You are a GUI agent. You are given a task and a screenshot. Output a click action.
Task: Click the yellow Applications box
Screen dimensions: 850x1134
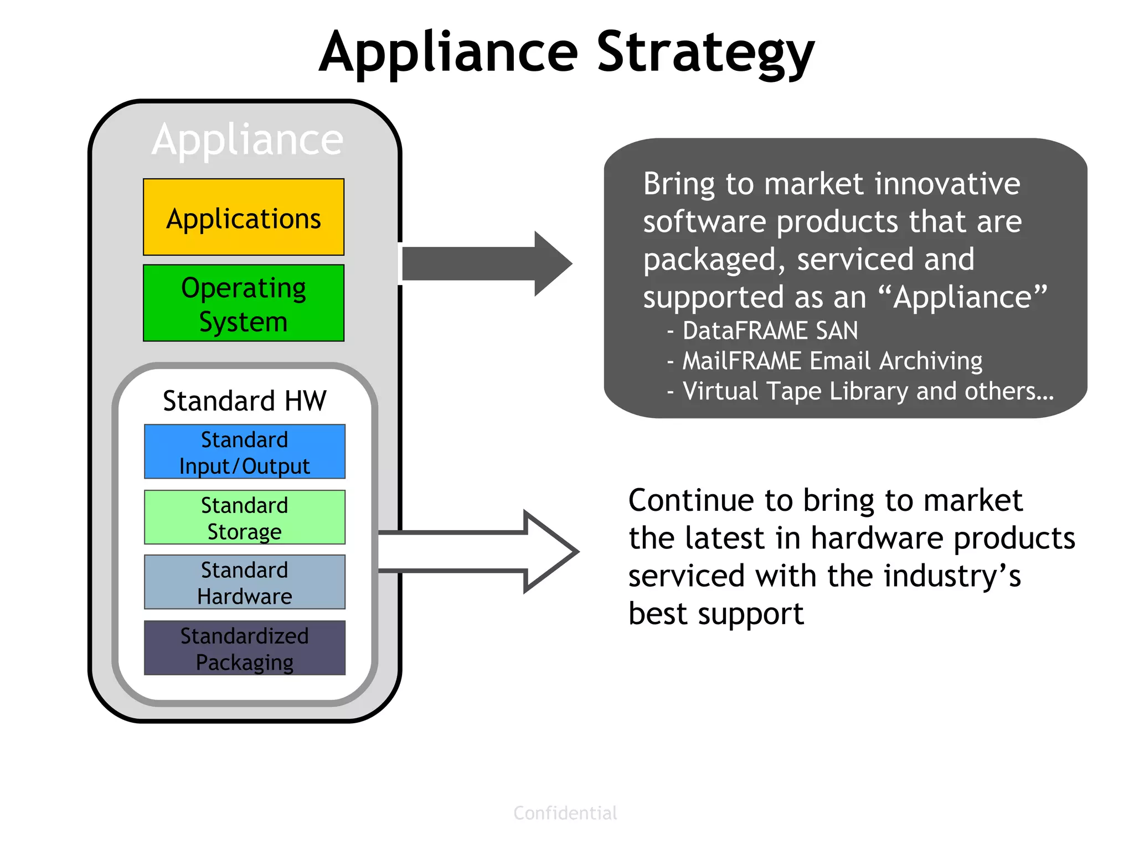point(244,217)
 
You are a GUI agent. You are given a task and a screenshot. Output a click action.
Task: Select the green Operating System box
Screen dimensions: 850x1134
point(244,303)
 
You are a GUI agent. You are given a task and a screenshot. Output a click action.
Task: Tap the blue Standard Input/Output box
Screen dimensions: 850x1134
point(244,452)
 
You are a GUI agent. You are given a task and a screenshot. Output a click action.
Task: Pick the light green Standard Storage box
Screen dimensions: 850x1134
point(244,517)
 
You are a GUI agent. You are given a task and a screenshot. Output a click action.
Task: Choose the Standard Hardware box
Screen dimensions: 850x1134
point(244,583)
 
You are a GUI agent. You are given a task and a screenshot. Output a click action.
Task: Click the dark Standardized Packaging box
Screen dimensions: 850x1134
point(244,648)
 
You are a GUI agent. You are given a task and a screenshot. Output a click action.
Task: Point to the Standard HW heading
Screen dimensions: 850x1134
point(244,401)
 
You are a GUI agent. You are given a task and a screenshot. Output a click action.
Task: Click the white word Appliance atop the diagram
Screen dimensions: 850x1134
point(248,139)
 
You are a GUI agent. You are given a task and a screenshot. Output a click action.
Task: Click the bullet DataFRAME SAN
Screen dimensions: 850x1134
point(770,331)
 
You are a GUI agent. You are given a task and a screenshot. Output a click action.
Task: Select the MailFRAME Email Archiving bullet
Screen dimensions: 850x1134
point(832,361)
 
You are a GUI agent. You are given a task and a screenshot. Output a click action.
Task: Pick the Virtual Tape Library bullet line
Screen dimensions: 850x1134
point(867,391)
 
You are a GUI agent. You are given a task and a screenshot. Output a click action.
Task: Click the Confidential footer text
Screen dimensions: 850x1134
point(565,813)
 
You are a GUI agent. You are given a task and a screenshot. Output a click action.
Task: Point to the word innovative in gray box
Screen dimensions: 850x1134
point(947,184)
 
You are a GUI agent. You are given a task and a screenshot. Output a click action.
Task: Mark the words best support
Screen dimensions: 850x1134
point(715,614)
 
